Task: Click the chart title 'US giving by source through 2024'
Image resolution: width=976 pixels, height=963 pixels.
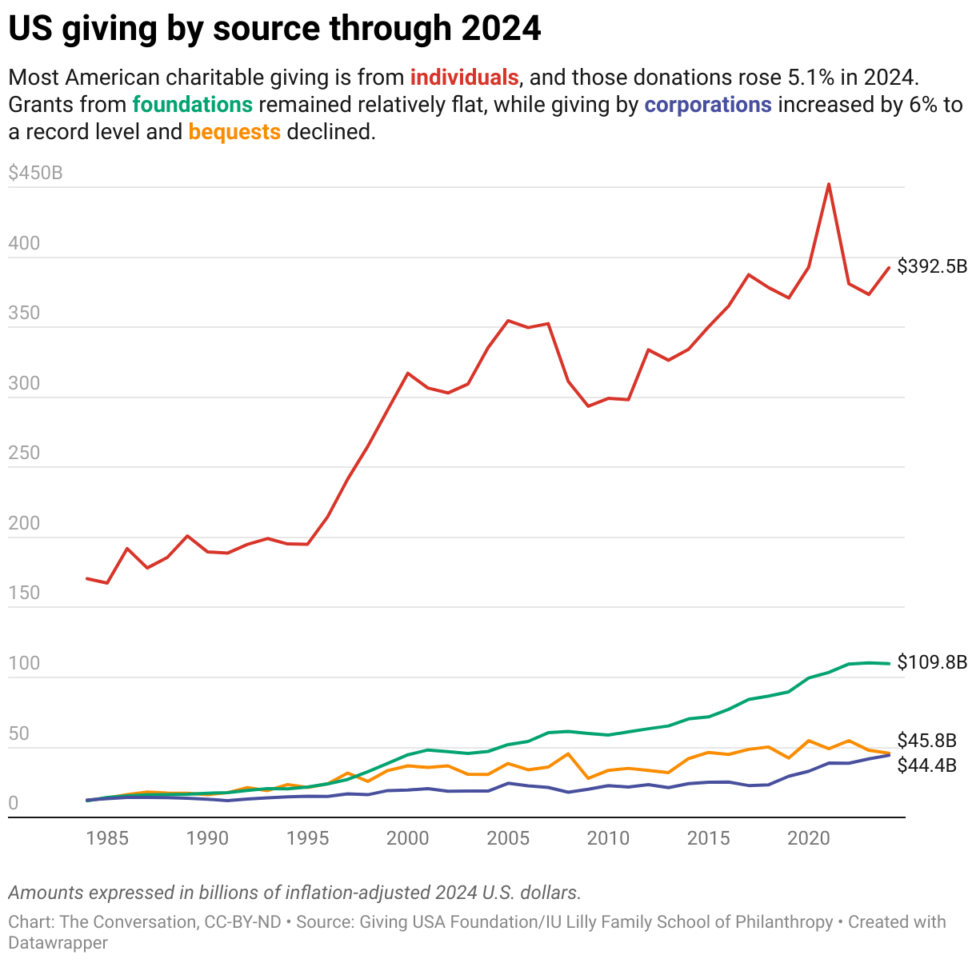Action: coord(274,29)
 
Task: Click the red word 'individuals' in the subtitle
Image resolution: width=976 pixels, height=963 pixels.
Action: coord(464,78)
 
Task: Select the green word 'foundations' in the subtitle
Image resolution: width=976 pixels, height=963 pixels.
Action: coord(193,105)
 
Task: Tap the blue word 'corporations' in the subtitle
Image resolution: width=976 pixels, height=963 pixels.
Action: coord(708,105)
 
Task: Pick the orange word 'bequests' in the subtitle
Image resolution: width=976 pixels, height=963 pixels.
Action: coord(234,132)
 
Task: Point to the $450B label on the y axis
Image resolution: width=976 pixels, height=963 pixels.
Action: coord(35,173)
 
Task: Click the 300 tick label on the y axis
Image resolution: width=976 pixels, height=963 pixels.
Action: coord(24,383)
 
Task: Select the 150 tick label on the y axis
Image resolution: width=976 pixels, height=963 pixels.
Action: coord(24,593)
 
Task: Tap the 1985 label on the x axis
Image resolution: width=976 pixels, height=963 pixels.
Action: coord(107,838)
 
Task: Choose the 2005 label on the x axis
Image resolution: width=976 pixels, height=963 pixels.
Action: coord(508,838)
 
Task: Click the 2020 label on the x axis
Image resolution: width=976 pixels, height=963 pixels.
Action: coord(808,838)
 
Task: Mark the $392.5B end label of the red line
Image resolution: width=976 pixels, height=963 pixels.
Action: coord(932,266)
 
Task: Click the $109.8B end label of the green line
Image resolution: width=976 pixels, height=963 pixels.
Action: coord(932,662)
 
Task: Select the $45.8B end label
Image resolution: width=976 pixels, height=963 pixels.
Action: coord(926,741)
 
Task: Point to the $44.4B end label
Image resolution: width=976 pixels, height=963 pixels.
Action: coord(926,765)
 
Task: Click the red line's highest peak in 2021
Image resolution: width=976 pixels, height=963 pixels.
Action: coord(828,184)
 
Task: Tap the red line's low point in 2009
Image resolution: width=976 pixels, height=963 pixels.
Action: coord(588,406)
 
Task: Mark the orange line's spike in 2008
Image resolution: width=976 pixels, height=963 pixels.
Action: coord(568,753)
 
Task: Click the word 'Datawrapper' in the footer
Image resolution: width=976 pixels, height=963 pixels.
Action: coord(58,943)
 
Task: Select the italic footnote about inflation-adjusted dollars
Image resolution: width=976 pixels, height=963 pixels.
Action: coord(294,893)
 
